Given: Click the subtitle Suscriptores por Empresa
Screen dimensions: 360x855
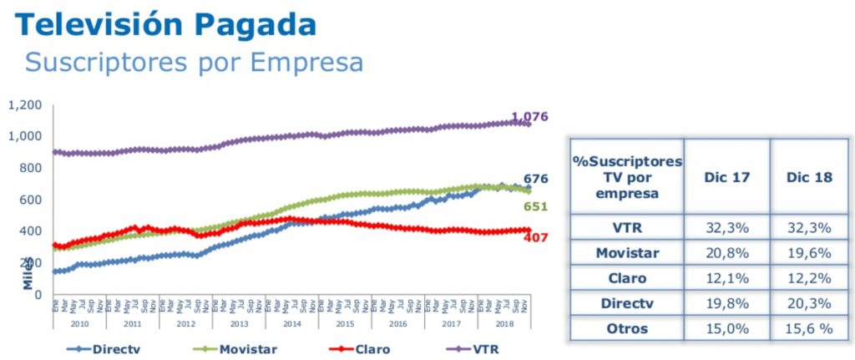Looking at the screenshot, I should point(194,62).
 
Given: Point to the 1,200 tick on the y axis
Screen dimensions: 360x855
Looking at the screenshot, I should point(24,105).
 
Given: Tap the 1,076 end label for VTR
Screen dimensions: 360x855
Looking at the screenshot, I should point(529,117).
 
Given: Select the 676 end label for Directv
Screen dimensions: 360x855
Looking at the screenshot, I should point(535,178).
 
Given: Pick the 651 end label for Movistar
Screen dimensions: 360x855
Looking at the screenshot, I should point(535,206).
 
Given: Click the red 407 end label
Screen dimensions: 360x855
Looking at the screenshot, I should point(535,237).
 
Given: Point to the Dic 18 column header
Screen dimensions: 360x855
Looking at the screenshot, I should point(806,176).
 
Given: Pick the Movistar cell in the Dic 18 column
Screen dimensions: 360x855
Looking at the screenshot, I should point(806,251).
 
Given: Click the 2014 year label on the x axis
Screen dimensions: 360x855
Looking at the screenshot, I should point(291,322).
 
